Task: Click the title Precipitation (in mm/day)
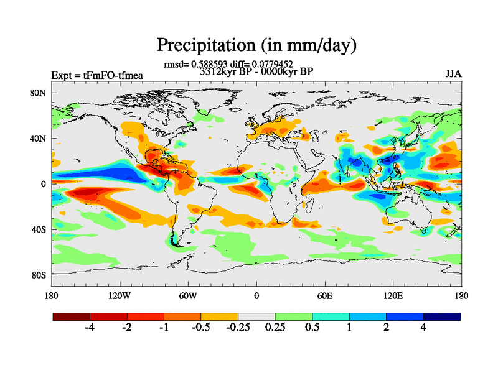coord(256,45)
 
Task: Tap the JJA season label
coord(453,74)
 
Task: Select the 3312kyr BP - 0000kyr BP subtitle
coord(256,71)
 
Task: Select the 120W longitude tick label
coord(120,295)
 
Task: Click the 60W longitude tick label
coord(188,295)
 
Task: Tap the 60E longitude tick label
coord(324,295)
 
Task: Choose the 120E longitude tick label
coord(393,295)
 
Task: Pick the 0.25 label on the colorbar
coord(275,328)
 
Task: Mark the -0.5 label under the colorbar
coord(200,328)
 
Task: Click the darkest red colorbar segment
coord(72,316)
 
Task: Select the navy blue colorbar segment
coord(441,316)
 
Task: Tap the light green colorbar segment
coord(293,316)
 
